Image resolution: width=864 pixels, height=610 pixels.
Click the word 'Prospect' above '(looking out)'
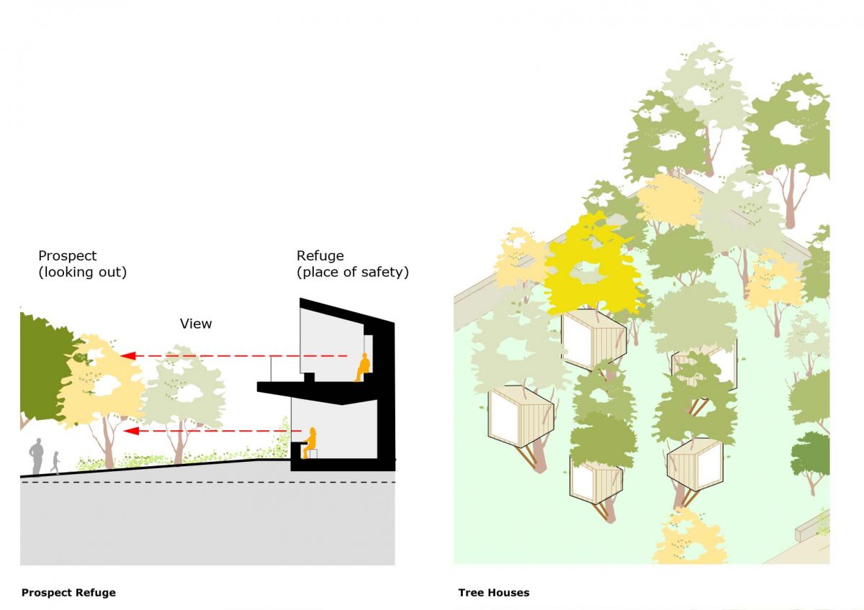coord(68,256)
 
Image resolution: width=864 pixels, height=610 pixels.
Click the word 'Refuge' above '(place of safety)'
coord(320,256)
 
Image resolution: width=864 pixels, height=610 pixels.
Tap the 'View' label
coord(196,324)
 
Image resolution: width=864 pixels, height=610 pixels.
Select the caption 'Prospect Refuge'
coord(68,593)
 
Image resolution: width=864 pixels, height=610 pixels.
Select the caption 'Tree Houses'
coord(494,593)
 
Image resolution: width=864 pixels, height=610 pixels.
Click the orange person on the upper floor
coord(362,368)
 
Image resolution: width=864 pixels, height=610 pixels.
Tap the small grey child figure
coord(55,463)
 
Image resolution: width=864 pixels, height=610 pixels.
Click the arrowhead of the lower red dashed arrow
coord(127,431)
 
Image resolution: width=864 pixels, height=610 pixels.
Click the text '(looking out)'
coord(83,273)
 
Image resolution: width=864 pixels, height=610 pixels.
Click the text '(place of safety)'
coord(353,273)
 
